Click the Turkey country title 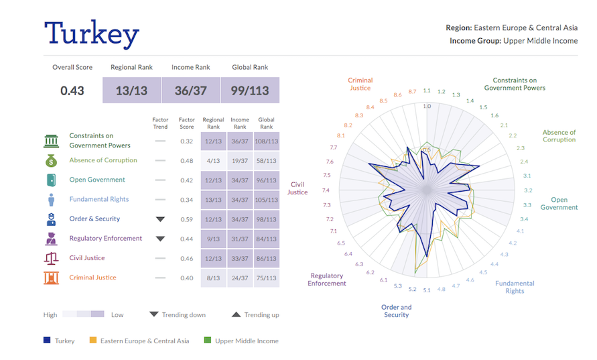click(x=92, y=34)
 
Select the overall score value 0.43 click(x=72, y=91)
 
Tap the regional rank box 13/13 click(x=131, y=91)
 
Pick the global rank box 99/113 click(x=250, y=91)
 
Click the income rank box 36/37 click(x=191, y=91)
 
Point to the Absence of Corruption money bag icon click(x=51, y=161)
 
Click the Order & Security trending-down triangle click(x=160, y=219)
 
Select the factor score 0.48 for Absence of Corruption click(x=186, y=161)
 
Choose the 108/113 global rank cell click(x=266, y=141)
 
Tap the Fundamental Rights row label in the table click(x=98, y=199)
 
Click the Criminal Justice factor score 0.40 click(x=186, y=278)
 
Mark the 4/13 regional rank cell click(x=213, y=161)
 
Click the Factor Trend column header click(x=160, y=123)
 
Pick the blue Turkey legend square click(x=47, y=341)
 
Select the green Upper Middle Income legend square click(x=207, y=341)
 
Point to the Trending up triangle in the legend click(x=237, y=314)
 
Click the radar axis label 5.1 click(x=427, y=290)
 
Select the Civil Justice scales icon click(x=51, y=259)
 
